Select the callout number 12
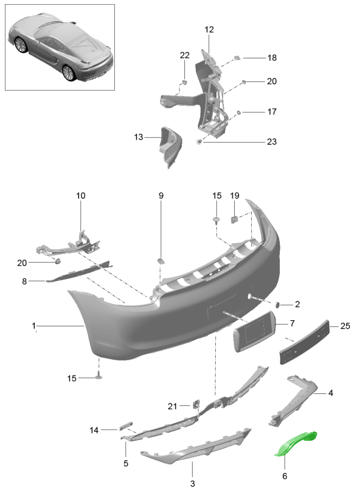click(209, 30)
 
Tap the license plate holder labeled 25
click(304, 342)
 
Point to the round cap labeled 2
click(277, 305)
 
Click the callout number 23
click(271, 142)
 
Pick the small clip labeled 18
click(237, 58)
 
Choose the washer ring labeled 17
click(238, 112)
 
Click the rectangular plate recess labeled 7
click(255, 331)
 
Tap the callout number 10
click(81, 195)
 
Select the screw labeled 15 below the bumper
click(99, 376)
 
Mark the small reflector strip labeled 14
click(126, 426)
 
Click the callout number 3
click(193, 483)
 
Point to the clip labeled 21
click(195, 404)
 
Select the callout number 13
click(139, 137)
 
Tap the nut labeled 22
click(184, 83)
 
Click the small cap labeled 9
click(161, 261)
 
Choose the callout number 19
click(235, 195)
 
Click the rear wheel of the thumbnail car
click(69, 73)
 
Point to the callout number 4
click(331, 393)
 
